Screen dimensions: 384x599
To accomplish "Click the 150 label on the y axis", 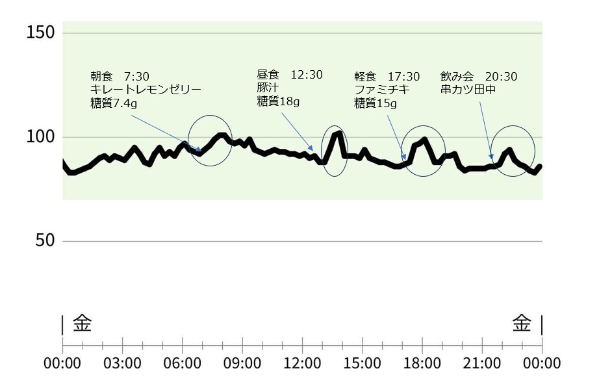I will [40, 32].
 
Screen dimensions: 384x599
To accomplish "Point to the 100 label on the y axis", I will [40, 138].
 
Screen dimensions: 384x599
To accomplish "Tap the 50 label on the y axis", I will [44, 241].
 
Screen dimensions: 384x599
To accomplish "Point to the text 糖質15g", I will [375, 103].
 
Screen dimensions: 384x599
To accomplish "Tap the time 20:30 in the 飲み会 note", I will [501, 77].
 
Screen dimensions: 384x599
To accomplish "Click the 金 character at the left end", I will [82, 322].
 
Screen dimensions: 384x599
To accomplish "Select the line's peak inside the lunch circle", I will [338, 133].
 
